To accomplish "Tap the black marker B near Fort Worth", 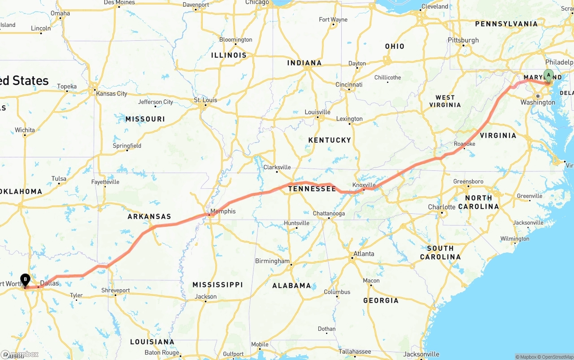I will point(25,280).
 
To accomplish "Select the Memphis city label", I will point(223,211).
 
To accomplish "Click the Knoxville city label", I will point(364,185).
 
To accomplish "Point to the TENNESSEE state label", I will point(312,189).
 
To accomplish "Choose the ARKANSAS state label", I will point(149,217).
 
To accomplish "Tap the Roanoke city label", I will point(465,144).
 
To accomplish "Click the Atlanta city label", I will point(364,254).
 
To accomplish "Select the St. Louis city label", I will point(205,100).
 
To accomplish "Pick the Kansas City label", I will point(112,94).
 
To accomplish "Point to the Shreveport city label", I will point(116,291).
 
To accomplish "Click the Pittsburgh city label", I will point(463,40).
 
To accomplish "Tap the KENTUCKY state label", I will point(330,140).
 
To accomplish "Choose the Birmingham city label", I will point(272,261).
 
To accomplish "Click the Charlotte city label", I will point(442,207).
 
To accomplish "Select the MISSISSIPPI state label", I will point(217,285).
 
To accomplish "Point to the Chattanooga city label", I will point(329,214).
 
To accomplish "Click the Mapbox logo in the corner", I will point(20,354).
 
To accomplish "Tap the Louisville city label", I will point(317,112).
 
